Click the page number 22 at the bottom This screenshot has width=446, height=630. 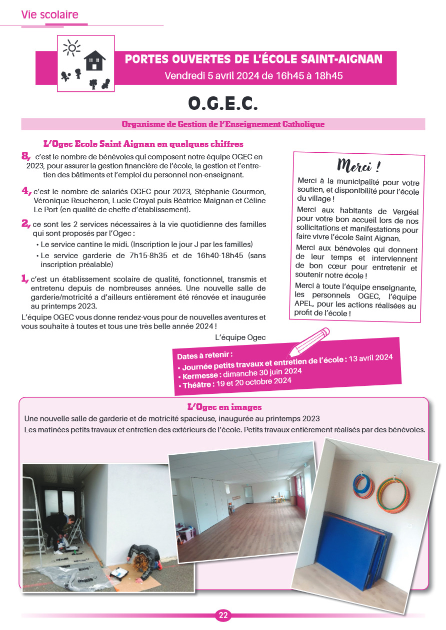(x=223, y=616)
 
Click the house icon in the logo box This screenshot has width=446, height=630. (x=94, y=60)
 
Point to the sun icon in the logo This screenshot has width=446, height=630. (x=72, y=48)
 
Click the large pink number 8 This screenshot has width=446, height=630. (x=25, y=157)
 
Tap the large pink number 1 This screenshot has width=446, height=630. (x=24, y=279)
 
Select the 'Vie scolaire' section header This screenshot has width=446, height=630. (x=49, y=15)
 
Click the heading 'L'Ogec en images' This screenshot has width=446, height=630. (x=224, y=407)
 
